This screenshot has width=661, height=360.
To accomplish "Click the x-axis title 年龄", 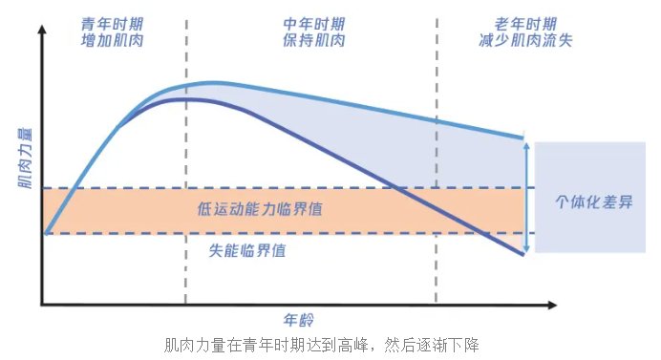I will click(298, 319).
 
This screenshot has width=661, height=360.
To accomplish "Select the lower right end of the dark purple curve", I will click(523, 253).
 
